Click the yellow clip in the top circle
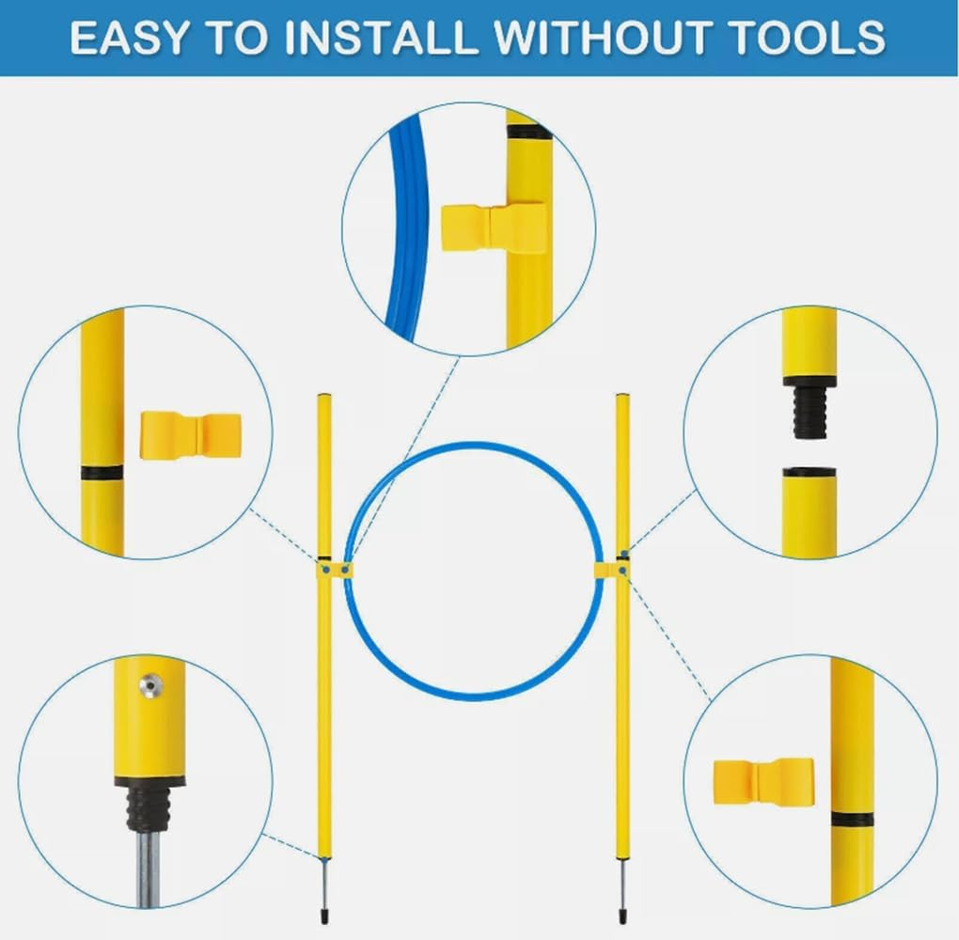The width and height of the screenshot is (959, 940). tap(493, 228)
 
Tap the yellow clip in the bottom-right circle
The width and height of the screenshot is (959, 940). tap(763, 781)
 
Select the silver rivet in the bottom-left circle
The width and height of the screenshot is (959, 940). tap(149, 683)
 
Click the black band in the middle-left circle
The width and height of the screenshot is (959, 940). tap(102, 473)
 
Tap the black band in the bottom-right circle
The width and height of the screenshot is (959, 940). tap(852, 820)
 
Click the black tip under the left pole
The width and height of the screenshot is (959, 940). tap(322, 916)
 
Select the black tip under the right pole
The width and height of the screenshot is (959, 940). tap(622, 916)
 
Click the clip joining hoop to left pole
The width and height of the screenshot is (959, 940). tap(334, 570)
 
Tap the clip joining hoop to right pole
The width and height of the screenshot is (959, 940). tap(611, 570)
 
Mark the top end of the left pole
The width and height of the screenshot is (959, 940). tap(323, 396)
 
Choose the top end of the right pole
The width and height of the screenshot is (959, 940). tap(622, 396)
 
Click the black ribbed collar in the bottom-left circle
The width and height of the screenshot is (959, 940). tap(149, 805)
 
